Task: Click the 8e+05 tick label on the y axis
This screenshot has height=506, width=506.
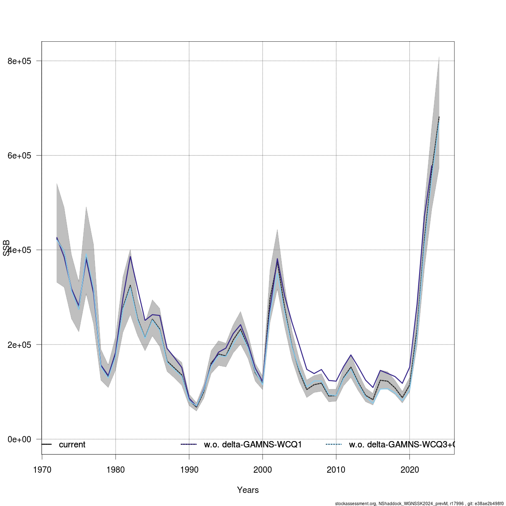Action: click(x=20, y=61)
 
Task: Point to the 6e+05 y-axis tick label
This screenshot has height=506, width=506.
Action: click(x=20, y=156)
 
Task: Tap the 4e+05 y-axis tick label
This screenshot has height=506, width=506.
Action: click(x=20, y=250)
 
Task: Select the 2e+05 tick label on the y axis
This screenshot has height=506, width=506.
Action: click(x=20, y=345)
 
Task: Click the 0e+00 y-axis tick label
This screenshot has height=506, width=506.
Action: click(x=20, y=439)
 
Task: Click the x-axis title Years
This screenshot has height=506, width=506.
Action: click(x=248, y=490)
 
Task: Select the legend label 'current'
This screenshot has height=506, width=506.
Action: click(x=72, y=445)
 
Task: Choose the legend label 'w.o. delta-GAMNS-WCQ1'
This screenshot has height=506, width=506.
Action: click(x=253, y=445)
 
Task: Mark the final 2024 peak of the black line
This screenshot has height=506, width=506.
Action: click(x=439, y=117)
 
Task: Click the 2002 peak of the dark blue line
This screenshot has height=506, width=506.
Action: click(x=277, y=258)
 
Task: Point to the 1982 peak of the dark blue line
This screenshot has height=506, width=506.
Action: click(x=130, y=256)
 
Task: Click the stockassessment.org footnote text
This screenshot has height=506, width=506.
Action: click(x=420, y=503)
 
